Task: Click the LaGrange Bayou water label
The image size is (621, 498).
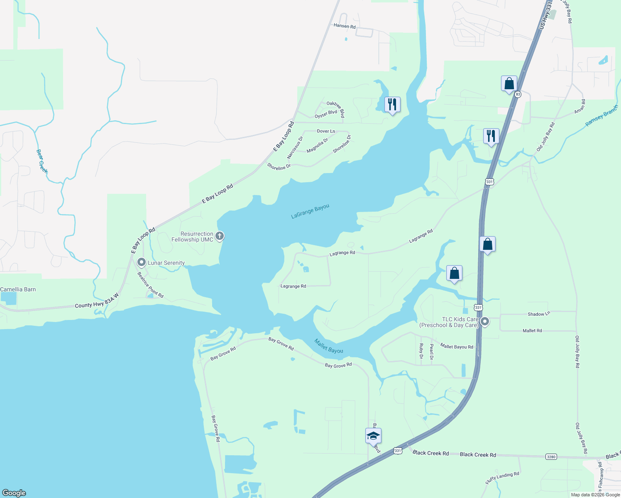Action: point(310,211)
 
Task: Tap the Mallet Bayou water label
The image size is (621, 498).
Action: point(329,346)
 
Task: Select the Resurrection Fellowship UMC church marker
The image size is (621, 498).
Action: point(220,236)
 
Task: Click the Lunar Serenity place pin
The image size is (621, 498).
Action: point(142,263)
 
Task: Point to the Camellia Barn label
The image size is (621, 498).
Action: point(18,289)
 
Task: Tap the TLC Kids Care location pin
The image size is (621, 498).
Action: point(484,322)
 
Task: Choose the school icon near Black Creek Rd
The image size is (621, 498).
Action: point(373,436)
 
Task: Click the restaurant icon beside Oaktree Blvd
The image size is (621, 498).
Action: point(392,105)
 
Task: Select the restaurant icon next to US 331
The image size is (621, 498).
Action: point(491,136)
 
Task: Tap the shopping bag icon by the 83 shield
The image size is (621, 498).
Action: point(509,84)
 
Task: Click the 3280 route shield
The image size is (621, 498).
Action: point(551,456)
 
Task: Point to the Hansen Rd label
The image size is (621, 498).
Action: point(345,26)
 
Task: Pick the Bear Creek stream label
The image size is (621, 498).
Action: point(42,161)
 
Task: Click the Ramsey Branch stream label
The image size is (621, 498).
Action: point(601,116)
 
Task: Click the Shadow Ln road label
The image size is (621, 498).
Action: point(538,314)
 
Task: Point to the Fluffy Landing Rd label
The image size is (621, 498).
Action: point(502,478)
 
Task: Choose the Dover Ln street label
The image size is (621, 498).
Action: point(326,131)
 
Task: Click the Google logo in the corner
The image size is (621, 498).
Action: point(14,493)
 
